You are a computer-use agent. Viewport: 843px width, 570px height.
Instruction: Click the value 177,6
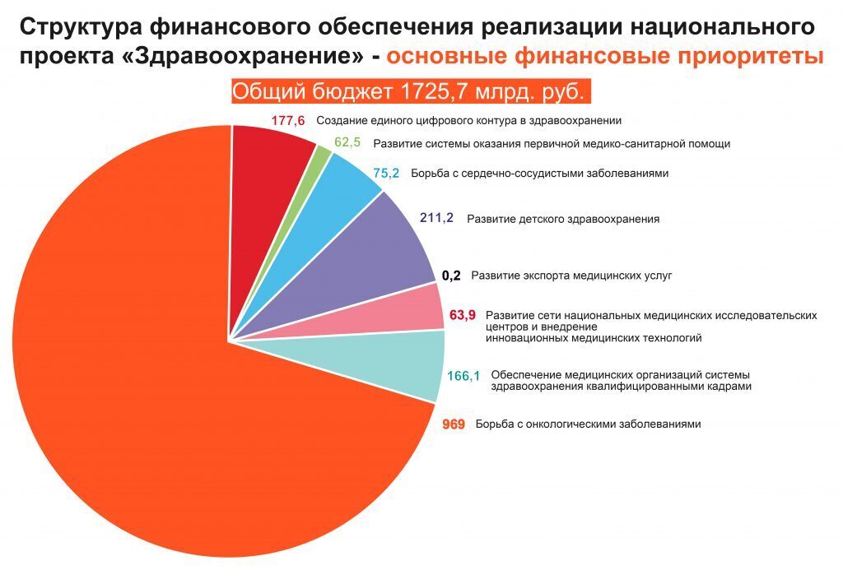click(287, 121)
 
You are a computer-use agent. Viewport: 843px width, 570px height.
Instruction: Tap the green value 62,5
click(347, 142)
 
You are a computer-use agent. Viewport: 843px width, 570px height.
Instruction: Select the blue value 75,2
click(385, 173)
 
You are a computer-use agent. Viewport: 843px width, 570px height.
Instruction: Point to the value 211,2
click(436, 219)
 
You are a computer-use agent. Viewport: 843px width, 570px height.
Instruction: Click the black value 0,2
click(451, 276)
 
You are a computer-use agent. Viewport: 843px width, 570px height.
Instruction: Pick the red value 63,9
click(463, 315)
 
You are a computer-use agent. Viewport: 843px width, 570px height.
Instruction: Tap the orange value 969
click(453, 424)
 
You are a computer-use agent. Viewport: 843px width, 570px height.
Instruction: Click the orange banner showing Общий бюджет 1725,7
click(412, 91)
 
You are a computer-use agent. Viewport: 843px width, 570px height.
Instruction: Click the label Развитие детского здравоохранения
click(562, 220)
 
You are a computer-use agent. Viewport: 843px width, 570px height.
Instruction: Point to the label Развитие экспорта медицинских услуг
click(571, 276)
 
